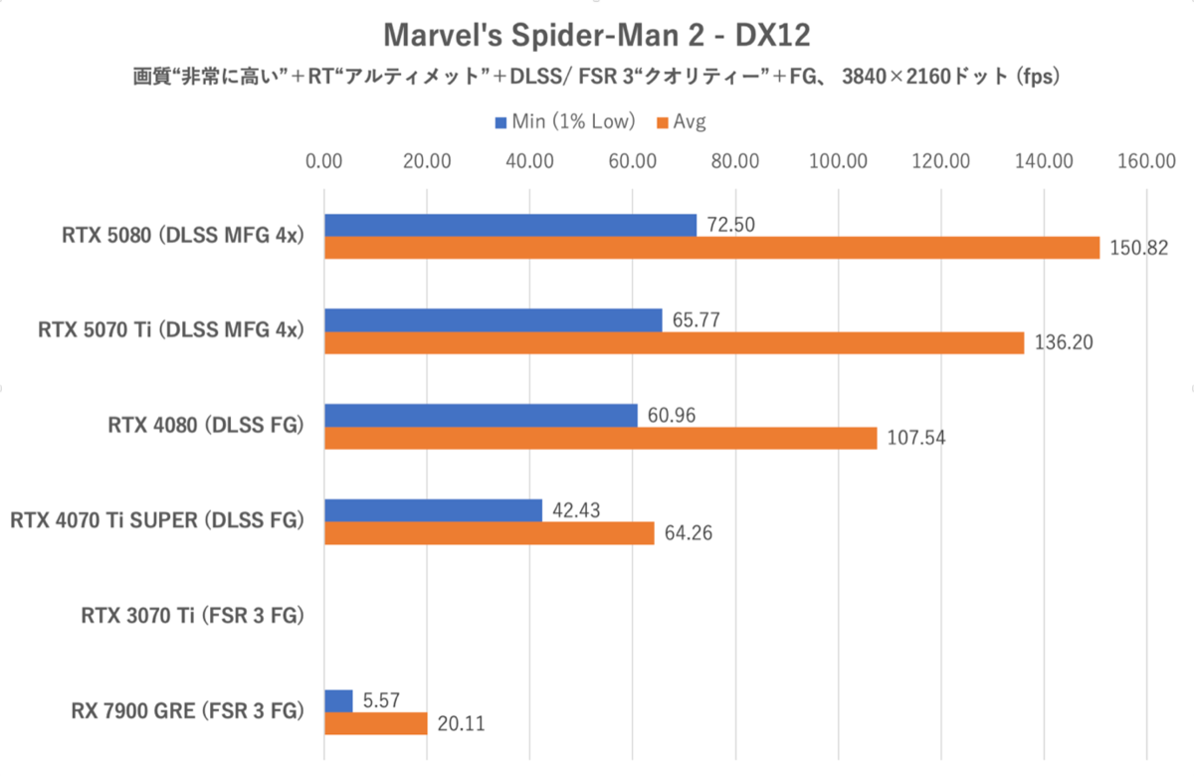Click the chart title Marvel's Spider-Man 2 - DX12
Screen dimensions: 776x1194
click(x=596, y=37)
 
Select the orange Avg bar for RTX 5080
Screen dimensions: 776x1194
click(x=711, y=248)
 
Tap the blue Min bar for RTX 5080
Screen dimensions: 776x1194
click(x=509, y=226)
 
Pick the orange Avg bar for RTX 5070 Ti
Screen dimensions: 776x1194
click(x=674, y=342)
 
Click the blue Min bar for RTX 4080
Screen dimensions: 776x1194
click(x=481, y=416)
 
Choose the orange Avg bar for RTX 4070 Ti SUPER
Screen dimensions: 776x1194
click(x=489, y=533)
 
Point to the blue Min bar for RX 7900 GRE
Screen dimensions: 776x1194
click(x=338, y=701)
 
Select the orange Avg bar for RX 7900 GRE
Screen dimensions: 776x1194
click(x=375, y=723)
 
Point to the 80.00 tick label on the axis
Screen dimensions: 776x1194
click(x=735, y=160)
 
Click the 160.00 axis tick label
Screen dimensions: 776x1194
click(x=1147, y=160)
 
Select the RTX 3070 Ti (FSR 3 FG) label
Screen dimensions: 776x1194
click(x=192, y=616)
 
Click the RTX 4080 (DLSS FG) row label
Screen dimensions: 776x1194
click(x=205, y=426)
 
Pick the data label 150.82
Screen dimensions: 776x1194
click(x=1134, y=248)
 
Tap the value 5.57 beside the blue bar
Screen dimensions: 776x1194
click(x=379, y=700)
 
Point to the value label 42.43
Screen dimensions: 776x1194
click(x=576, y=510)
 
